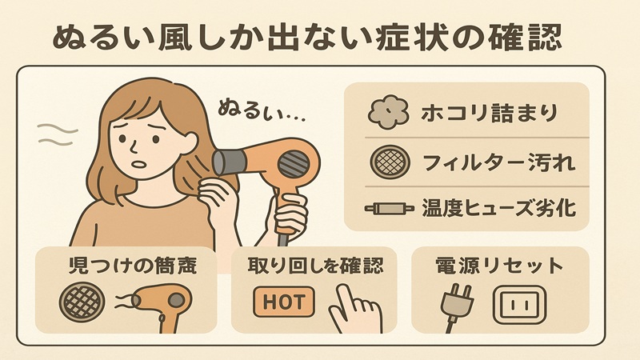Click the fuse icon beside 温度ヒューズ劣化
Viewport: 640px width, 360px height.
point(385,210)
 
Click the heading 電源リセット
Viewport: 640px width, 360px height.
point(498,266)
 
